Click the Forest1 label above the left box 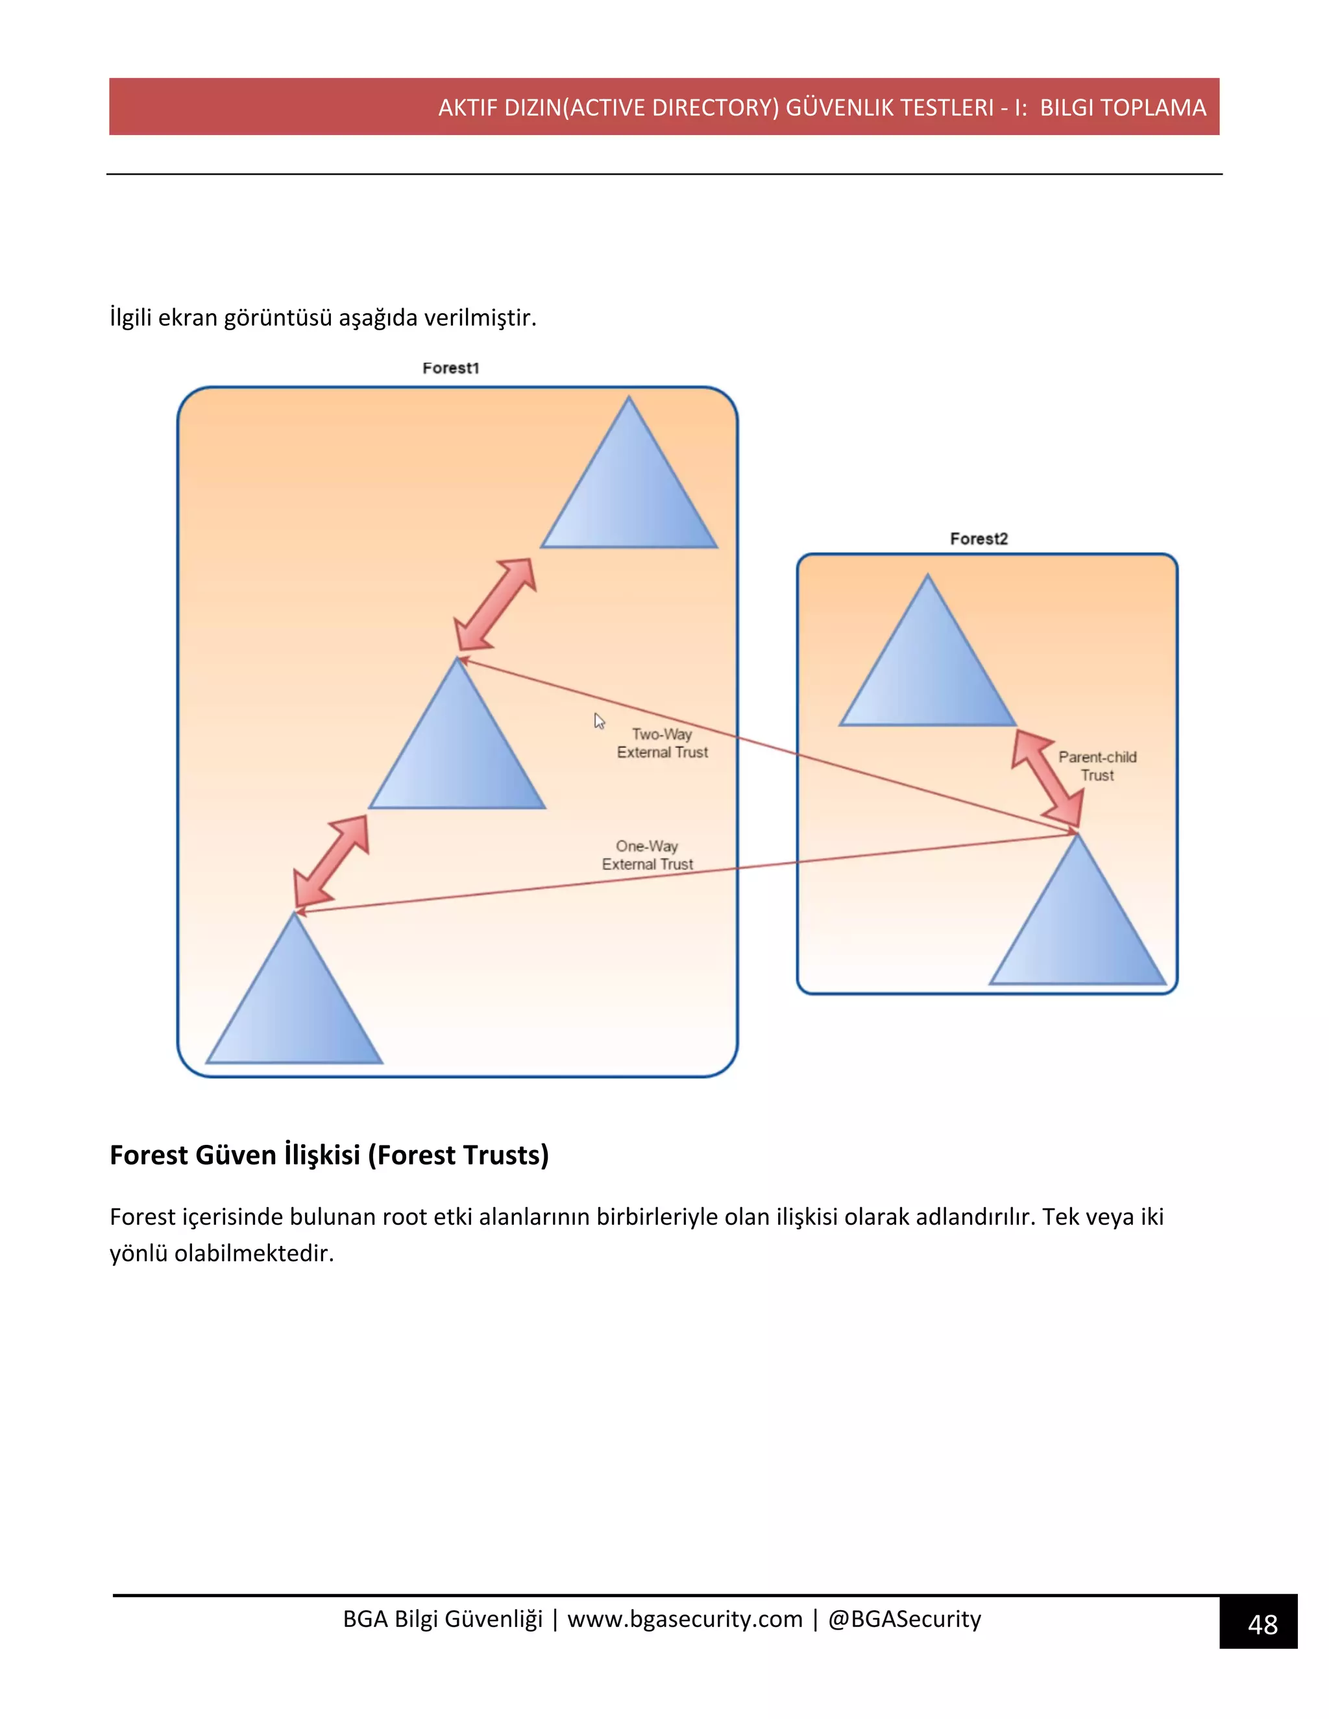click(x=450, y=368)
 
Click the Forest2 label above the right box click(x=979, y=538)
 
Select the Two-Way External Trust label click(x=662, y=743)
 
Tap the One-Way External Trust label click(x=647, y=855)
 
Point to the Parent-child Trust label click(x=1097, y=766)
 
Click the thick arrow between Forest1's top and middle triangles click(x=496, y=605)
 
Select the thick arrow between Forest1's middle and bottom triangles click(x=332, y=861)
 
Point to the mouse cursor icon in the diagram click(x=599, y=721)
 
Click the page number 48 click(x=1262, y=1624)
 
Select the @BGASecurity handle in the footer click(x=905, y=1619)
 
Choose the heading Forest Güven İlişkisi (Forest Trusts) click(x=329, y=1155)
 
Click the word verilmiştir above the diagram click(x=480, y=317)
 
